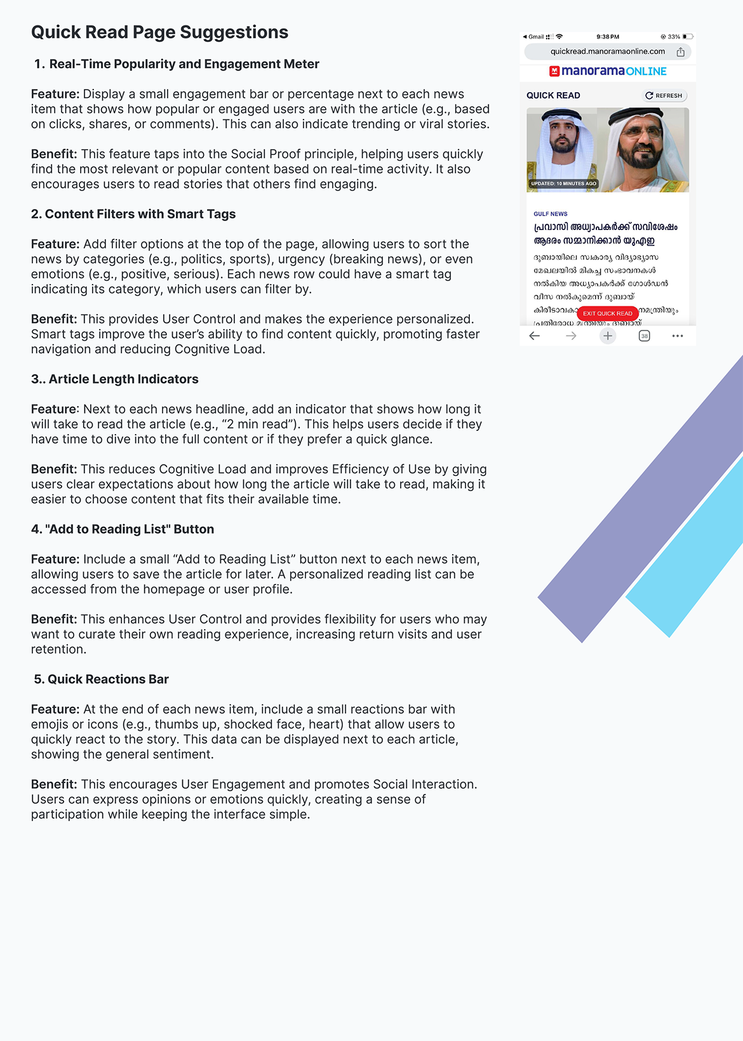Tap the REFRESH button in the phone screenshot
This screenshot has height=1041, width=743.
point(664,95)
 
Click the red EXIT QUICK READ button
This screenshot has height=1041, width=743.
point(607,313)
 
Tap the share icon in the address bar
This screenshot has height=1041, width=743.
point(680,52)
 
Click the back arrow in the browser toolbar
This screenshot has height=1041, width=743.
point(535,336)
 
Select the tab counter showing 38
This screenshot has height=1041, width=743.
point(644,336)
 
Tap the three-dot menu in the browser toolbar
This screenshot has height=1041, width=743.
point(678,336)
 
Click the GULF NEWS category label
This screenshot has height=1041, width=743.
point(551,214)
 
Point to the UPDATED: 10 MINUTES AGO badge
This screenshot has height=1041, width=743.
point(564,184)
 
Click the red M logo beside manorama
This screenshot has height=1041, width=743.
point(554,71)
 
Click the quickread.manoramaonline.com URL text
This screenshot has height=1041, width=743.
point(608,51)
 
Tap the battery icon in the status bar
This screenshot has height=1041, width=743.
point(688,37)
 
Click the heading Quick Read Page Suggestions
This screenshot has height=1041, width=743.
point(159,32)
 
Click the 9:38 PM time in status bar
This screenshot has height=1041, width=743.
point(608,37)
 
